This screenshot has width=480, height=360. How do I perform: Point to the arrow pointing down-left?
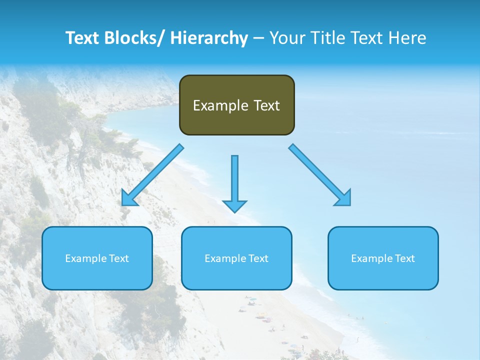[152, 175]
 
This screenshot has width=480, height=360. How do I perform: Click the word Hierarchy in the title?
[209, 38]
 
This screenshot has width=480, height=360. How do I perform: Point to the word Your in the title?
[287, 38]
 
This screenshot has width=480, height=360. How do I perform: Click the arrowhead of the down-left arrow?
[129, 198]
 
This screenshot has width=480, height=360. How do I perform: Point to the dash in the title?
[258, 38]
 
